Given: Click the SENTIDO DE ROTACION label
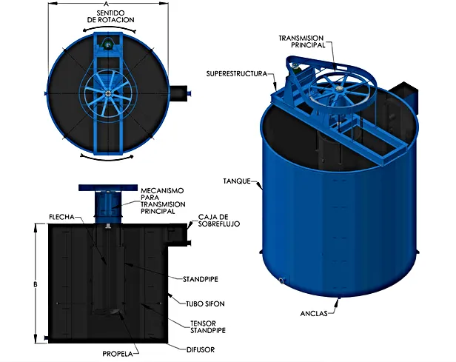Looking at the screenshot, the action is (110, 16).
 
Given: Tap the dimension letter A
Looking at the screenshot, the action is (106, 4).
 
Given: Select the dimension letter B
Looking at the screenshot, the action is (36, 284).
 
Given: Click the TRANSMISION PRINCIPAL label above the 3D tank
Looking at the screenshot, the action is (301, 41).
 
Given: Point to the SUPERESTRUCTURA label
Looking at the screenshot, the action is (237, 74).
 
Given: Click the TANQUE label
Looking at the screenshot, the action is (237, 181).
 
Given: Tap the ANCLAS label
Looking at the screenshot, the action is (314, 313).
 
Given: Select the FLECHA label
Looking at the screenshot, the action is (61, 217).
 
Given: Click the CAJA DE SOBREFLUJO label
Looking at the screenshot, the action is (219, 221).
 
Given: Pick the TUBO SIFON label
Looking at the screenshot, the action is (205, 304).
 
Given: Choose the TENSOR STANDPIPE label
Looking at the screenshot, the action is (208, 326).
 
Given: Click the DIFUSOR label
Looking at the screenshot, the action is (201, 349).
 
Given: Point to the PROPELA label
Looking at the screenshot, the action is (118, 354).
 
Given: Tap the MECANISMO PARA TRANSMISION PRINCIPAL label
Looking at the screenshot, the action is (163, 201).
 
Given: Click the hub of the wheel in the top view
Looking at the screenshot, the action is (108, 93).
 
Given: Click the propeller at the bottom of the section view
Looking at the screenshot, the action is (115, 312).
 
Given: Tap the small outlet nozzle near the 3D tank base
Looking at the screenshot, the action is (281, 281).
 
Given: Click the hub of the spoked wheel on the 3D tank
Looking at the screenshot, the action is (338, 88).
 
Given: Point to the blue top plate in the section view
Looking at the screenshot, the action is (108, 187).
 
